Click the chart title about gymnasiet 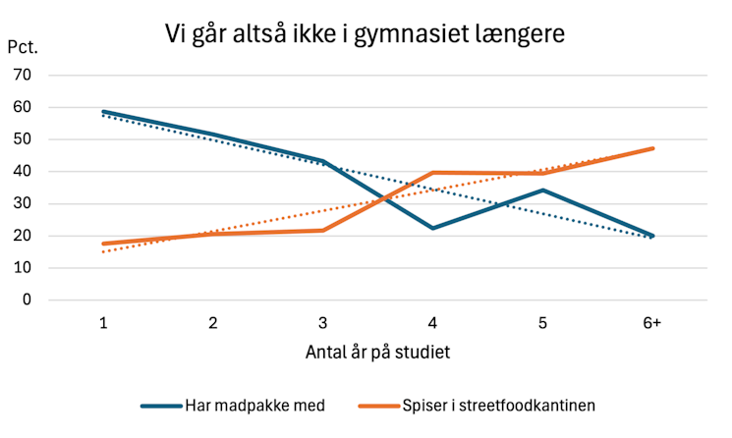pos(365,36)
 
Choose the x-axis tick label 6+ pos(650,323)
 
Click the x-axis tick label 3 pos(322,323)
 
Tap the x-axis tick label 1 pos(103,323)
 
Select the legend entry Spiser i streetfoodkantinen pos(496,405)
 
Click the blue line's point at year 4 pos(432,228)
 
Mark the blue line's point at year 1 pos(103,112)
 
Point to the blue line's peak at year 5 pos(541,190)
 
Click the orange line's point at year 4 pos(432,173)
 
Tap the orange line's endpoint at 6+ pos(652,148)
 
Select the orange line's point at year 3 pos(322,230)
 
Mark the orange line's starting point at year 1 pos(103,244)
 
